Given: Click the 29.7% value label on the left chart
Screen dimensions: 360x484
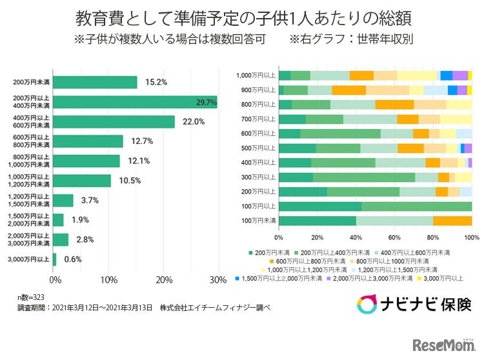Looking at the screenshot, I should point(205,102).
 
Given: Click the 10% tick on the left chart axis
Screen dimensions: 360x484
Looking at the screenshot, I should point(110,280).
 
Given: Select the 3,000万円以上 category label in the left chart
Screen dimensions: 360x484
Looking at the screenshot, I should point(32,259).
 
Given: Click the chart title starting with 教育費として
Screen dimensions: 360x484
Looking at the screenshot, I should point(242,15).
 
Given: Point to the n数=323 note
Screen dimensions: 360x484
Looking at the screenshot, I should point(30,299).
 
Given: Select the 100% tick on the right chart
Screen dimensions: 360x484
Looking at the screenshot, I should point(472,237).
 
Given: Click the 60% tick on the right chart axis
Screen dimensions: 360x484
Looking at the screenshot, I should point(394,237).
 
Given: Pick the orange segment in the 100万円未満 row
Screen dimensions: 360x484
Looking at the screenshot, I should point(452,221).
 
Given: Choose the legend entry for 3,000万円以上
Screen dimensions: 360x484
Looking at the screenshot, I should point(445,278).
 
